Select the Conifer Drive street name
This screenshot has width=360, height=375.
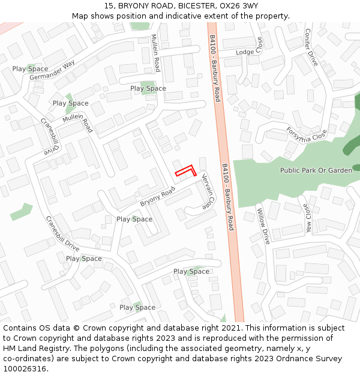click(x=310, y=47)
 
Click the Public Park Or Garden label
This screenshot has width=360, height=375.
click(x=316, y=170)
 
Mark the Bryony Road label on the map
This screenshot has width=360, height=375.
click(x=157, y=197)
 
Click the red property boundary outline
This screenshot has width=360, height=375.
click(x=187, y=170)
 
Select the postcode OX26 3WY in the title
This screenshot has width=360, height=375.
click(x=236, y=6)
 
